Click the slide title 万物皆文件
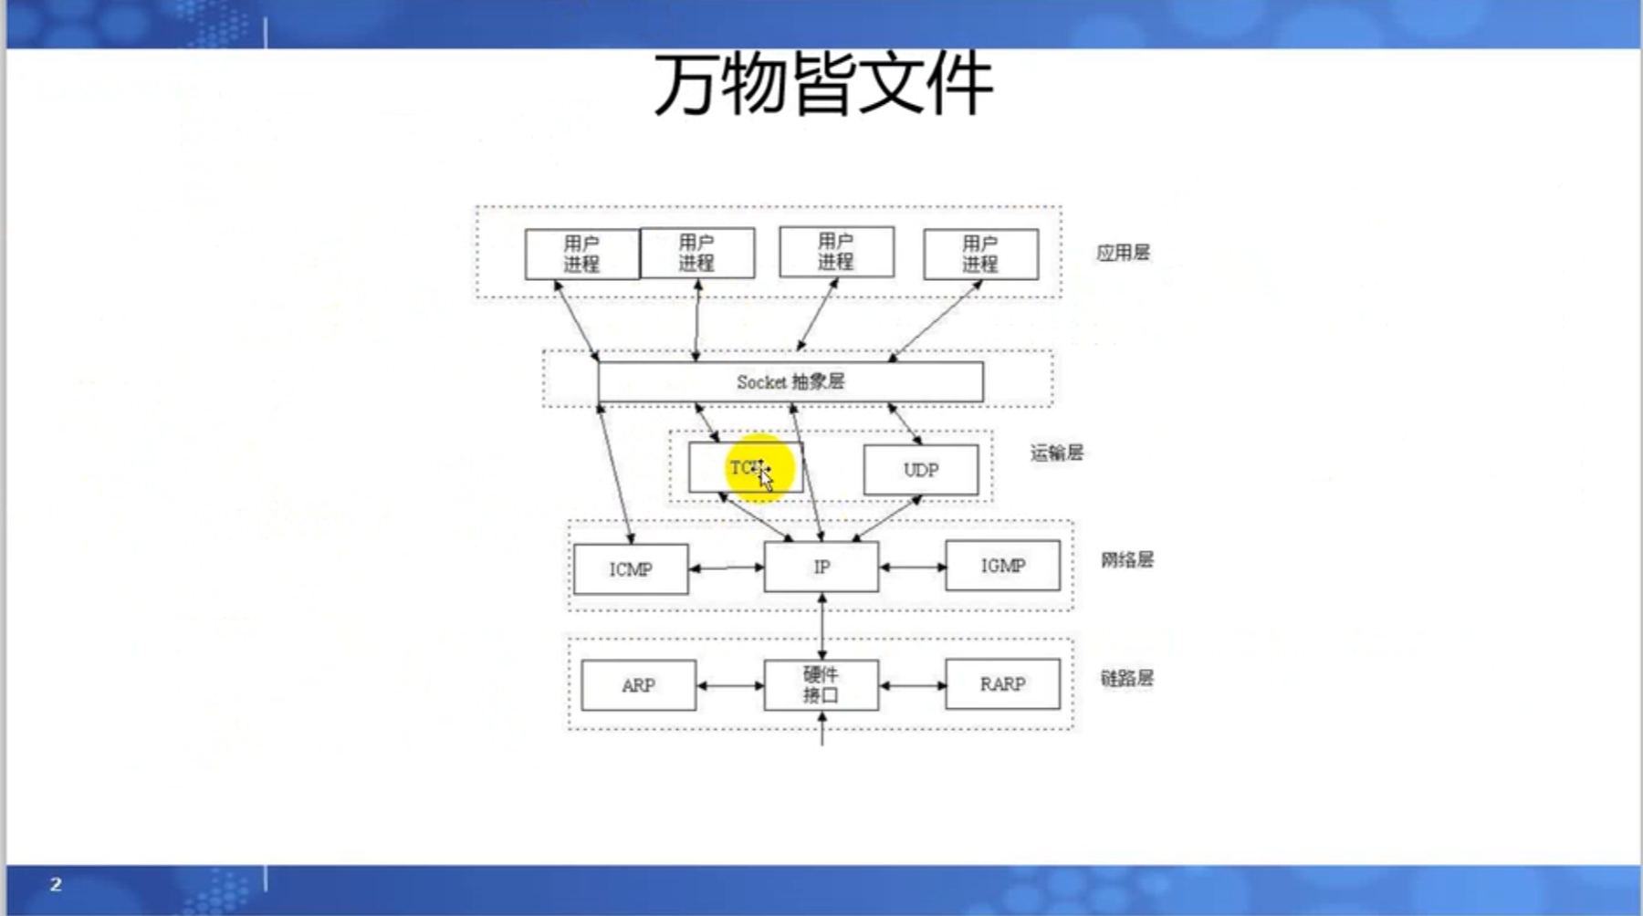tap(822, 84)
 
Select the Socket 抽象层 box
tap(790, 382)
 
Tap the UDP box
tap(920, 470)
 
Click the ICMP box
tap(630, 569)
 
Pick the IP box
tap(821, 567)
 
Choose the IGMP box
tap(1002, 566)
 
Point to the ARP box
tap(638, 685)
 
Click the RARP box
tap(1002, 684)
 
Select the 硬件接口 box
tap(821, 684)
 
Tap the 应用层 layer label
tap(1123, 253)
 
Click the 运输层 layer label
tap(1056, 453)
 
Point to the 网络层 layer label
tap(1126, 559)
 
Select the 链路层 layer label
tap(1126, 678)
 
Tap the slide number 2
tap(56, 884)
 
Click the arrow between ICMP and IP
tap(726, 567)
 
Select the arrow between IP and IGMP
tap(912, 567)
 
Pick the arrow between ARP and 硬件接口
tap(730, 685)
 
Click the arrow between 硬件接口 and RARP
tap(912, 685)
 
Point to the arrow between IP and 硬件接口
tap(822, 626)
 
